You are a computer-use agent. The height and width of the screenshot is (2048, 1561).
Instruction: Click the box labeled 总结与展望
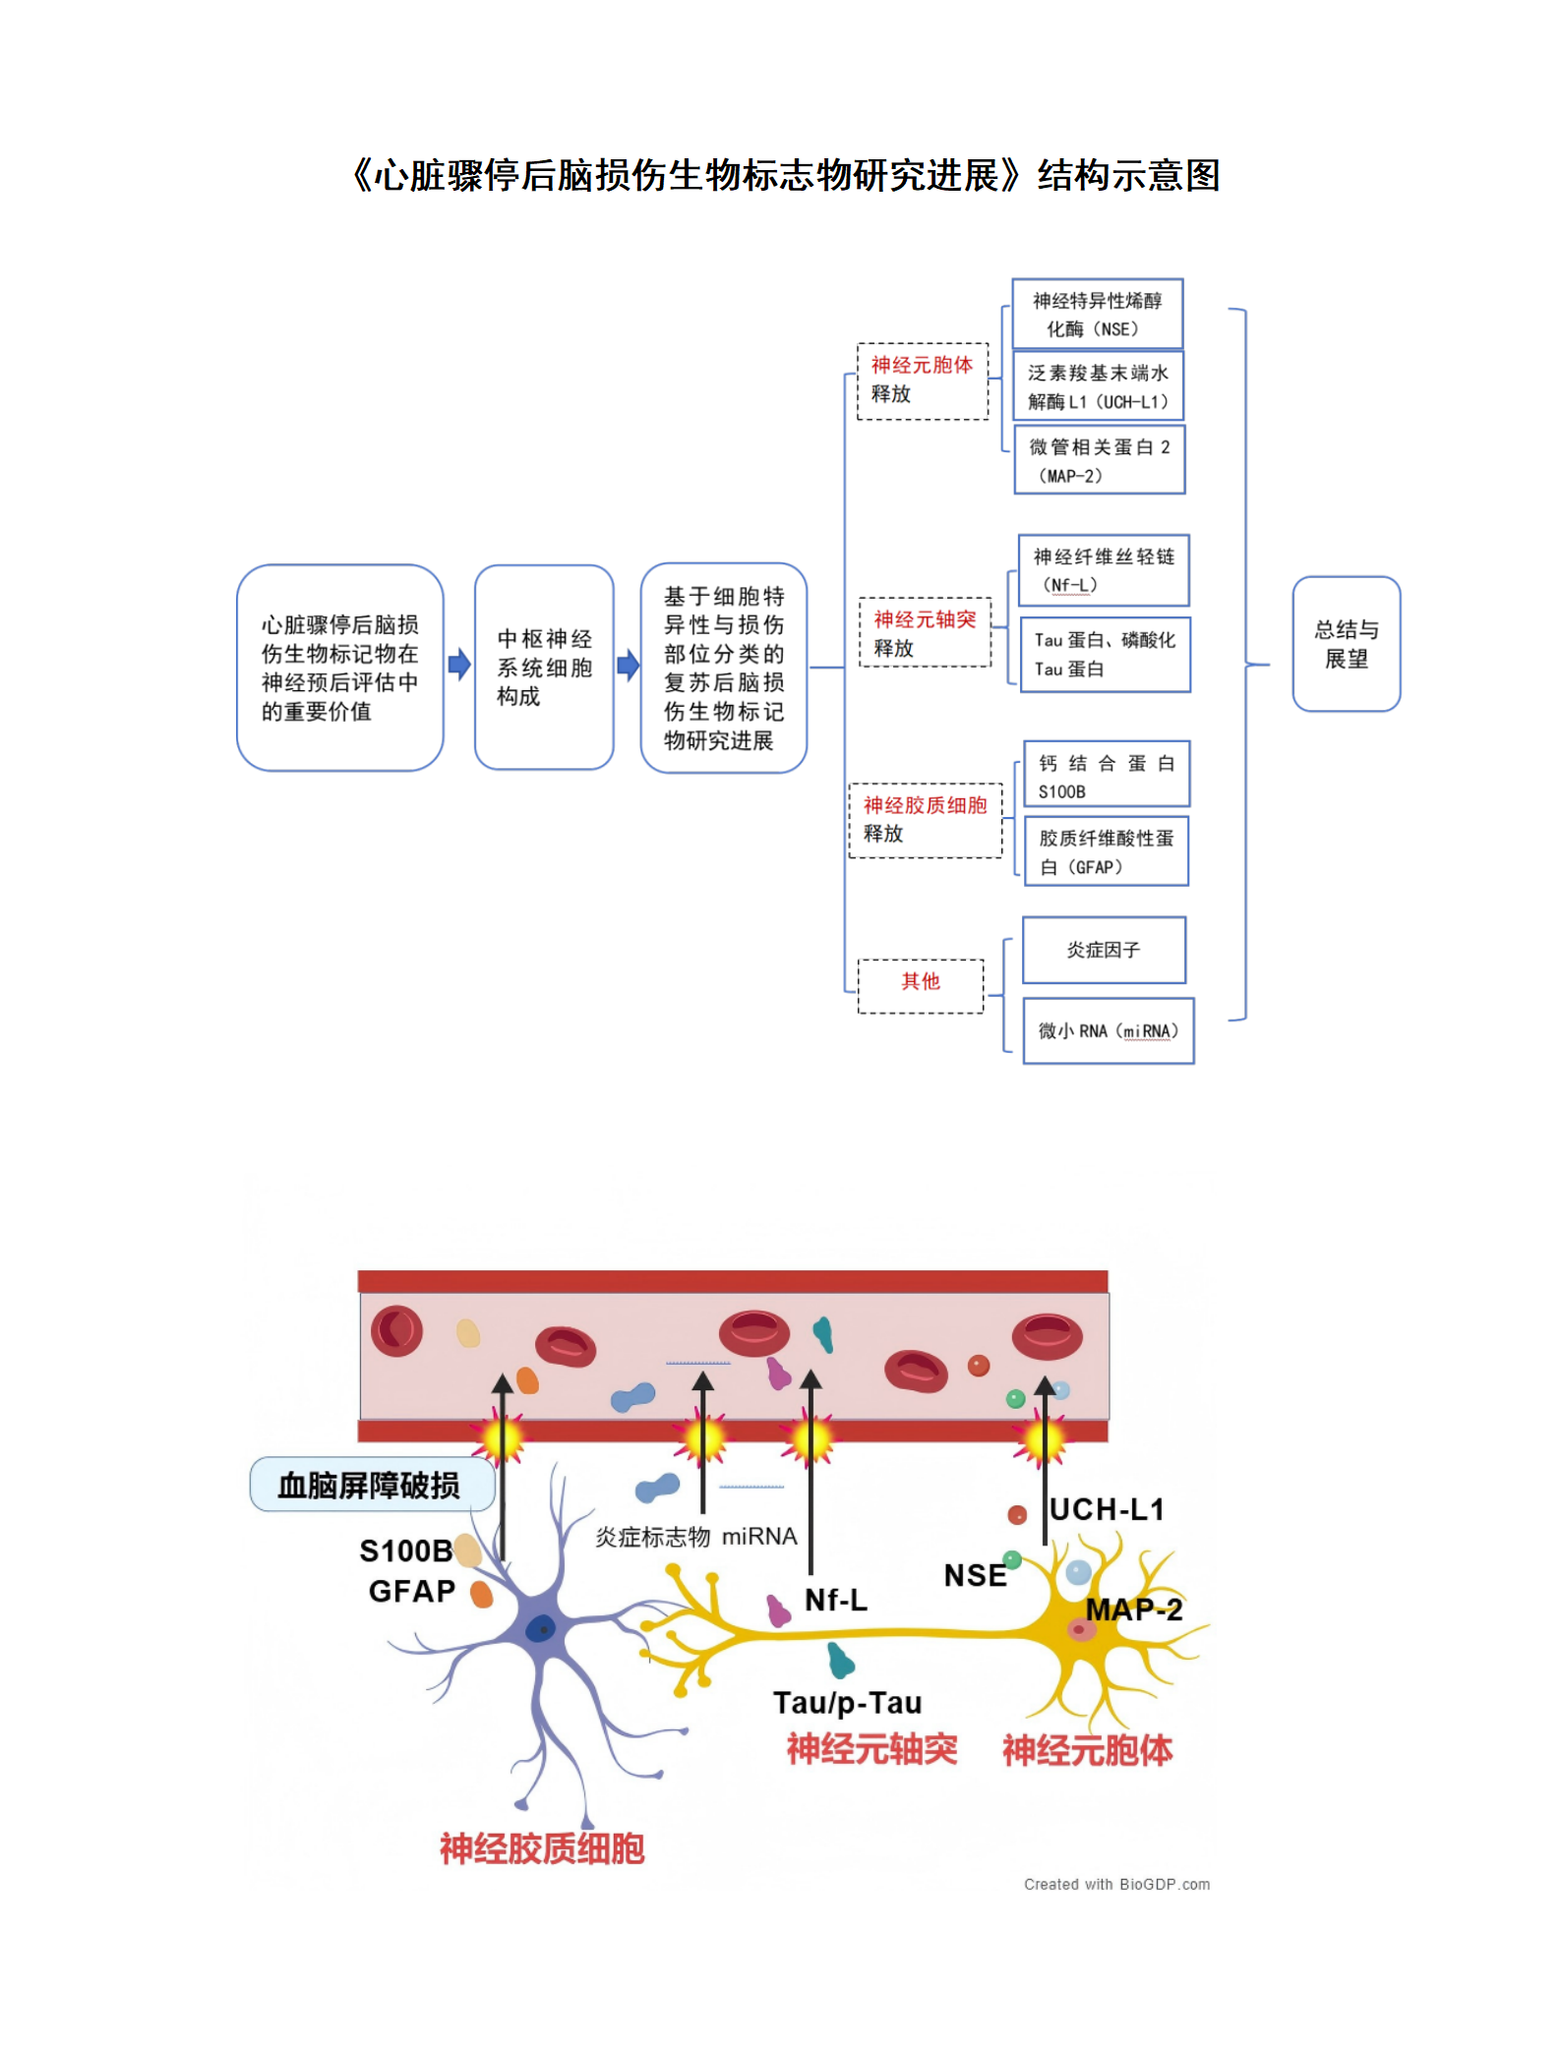coord(1345,644)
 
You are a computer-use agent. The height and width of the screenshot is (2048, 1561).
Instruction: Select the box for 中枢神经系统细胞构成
coord(543,668)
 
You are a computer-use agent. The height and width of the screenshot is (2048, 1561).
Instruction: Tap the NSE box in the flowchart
coord(1097,315)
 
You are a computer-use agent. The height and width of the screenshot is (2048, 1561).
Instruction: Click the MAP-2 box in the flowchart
coord(1099,460)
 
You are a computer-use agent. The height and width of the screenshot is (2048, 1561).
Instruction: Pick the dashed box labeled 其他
coord(920,985)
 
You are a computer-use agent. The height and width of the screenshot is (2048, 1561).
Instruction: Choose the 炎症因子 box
coord(1103,950)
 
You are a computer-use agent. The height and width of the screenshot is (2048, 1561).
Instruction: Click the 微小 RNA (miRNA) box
coord(1108,1030)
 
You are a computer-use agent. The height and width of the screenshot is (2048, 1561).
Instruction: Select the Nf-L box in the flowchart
coord(1103,570)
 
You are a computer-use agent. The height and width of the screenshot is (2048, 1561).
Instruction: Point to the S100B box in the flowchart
coord(1106,776)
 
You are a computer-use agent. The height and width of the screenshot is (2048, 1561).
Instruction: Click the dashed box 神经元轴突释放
coord(925,633)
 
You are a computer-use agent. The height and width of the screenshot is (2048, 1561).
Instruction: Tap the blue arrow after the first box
coord(458,665)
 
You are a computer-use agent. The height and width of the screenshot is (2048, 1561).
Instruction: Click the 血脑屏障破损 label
coord(370,1485)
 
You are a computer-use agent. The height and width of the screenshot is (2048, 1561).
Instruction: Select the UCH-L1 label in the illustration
coord(1107,1510)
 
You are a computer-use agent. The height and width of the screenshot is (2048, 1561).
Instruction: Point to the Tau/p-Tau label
coord(847,1703)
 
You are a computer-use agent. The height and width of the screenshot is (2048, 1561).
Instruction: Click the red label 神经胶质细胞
coord(541,1848)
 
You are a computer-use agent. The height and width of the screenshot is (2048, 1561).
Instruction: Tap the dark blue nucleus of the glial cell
coord(540,1629)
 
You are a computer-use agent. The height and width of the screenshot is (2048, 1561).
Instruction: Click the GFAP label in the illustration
coord(411,1592)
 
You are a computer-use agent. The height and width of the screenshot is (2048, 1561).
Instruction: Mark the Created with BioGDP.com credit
coord(1116,1884)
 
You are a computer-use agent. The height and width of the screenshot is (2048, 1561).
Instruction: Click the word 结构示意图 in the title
coord(1128,176)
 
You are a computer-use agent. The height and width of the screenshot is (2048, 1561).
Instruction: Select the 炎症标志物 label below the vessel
coord(652,1537)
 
